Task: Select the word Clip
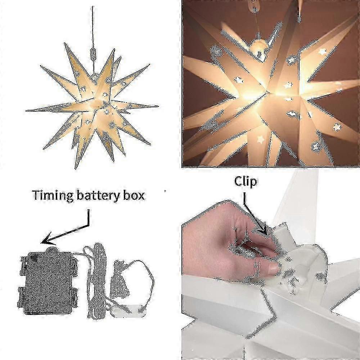(x=246, y=182)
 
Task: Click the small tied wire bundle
(x=120, y=279)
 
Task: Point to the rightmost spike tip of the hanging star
(x=158, y=106)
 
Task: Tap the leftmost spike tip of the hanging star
(x=26, y=111)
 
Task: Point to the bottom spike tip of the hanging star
(x=76, y=169)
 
